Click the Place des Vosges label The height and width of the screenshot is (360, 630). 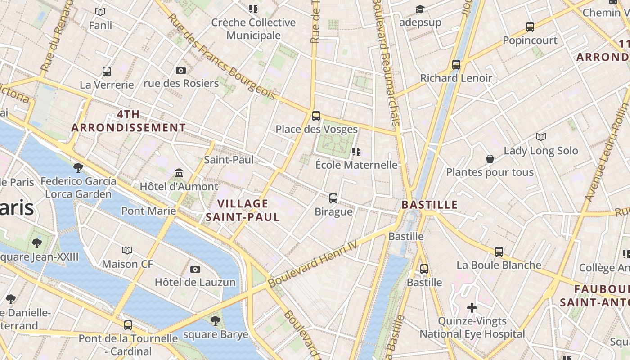[x=316, y=130]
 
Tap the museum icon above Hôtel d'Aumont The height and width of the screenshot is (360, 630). [x=179, y=173]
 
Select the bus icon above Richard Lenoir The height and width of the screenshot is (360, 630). [x=456, y=65]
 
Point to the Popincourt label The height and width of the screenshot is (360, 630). [x=530, y=40]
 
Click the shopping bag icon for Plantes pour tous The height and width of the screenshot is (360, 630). [x=490, y=159]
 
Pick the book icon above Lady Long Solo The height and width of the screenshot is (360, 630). [x=540, y=137]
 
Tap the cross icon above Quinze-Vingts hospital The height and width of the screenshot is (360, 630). [x=472, y=308]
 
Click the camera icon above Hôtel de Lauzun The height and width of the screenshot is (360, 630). [x=195, y=269]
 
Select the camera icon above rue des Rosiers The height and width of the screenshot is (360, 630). [x=181, y=70]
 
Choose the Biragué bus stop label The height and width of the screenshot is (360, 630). [x=333, y=211]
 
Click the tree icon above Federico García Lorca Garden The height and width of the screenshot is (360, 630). [x=78, y=168]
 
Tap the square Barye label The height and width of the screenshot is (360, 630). [x=216, y=334]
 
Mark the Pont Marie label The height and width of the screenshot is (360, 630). [x=148, y=211]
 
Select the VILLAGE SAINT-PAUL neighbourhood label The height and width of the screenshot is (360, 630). [x=243, y=210]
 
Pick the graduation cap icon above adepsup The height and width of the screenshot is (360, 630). [x=420, y=9]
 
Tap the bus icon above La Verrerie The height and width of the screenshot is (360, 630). [x=107, y=71]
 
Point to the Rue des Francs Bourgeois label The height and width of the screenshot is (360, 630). [x=221, y=57]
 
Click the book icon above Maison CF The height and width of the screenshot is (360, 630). [x=127, y=250]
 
